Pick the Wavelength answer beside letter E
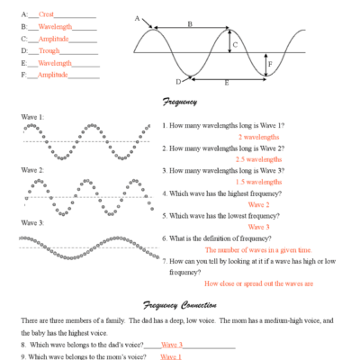coord(54,64)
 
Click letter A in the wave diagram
coord(137,18)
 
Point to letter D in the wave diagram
coord(178,82)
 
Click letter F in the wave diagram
coord(269,65)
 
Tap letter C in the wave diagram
coord(235,42)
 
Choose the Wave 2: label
coord(32,169)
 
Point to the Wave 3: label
coord(32,221)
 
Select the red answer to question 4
coord(260,204)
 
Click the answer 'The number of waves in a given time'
coord(258,249)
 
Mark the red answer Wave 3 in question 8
coord(172,345)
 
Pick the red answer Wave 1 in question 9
coord(172,356)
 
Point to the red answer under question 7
coord(258,283)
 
